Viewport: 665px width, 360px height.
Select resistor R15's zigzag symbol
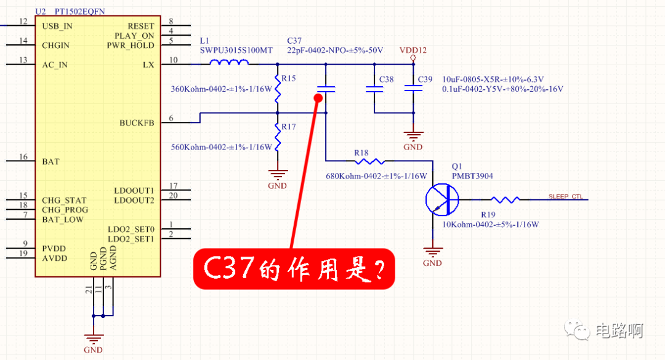pos(278,89)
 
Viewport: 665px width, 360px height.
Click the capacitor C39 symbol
pos(413,89)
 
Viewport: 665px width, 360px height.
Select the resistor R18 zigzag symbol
pos(369,161)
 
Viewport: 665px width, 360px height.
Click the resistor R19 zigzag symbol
pos(506,199)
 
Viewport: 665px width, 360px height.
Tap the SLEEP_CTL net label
pos(565,197)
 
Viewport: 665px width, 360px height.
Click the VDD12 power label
pos(413,50)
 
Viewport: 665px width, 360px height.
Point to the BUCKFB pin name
pos(137,123)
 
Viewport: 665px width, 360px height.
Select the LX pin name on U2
pos(148,65)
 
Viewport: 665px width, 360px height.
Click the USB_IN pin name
pos(57,26)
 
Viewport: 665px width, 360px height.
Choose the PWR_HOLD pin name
pos(131,46)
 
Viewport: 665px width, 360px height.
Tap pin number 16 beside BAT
pos(23,158)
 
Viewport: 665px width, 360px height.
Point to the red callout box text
pos(294,269)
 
